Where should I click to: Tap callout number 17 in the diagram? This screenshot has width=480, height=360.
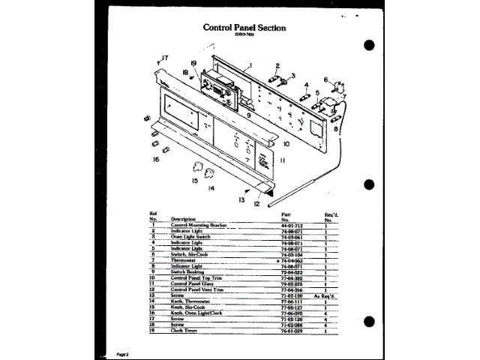pos(164,58)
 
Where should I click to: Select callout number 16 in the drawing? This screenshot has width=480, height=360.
pos(155,159)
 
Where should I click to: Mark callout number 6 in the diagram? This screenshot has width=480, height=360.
pos(326,79)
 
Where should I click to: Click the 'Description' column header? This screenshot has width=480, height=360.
pos(184,219)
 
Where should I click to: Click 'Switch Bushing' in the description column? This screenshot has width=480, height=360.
pos(189,272)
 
